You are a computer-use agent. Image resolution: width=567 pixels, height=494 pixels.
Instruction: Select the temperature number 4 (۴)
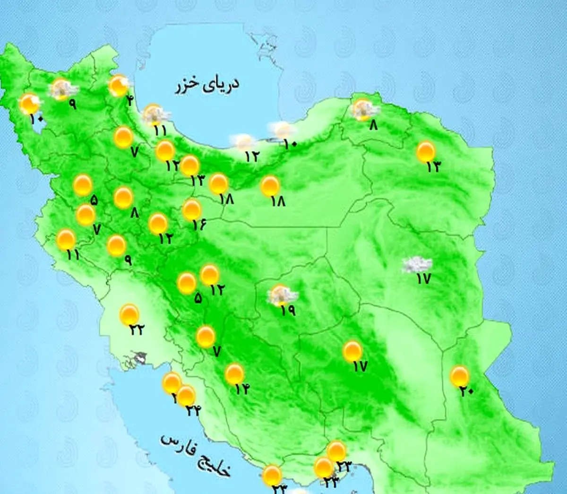click(129, 100)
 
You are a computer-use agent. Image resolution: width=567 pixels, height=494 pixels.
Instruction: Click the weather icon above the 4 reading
click(119, 85)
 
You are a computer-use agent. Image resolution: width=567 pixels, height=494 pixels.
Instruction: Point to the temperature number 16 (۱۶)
click(199, 224)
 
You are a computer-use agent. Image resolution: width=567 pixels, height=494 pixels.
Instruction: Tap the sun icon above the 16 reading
click(192, 209)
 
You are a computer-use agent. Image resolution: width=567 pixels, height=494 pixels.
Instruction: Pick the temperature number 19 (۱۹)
click(287, 310)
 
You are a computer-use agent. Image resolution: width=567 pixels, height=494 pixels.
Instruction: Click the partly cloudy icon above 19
click(282, 295)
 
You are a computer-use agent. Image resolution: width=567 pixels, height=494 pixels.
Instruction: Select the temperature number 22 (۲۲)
click(136, 329)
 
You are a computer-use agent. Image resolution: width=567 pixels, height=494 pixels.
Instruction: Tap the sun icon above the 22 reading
click(129, 314)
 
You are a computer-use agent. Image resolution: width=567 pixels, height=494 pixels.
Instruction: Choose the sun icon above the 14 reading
click(234, 374)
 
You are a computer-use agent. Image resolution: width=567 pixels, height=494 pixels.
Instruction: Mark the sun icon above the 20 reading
click(459, 376)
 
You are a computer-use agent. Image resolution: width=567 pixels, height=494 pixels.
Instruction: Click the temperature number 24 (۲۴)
click(192, 411)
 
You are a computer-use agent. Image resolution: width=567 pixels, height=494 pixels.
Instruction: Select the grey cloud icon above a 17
click(416, 265)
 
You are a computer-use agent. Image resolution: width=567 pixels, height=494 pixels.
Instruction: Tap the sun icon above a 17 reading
click(352, 351)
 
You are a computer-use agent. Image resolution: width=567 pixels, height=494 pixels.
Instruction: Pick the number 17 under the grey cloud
click(423, 279)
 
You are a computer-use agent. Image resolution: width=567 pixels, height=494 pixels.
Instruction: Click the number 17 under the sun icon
click(360, 366)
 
